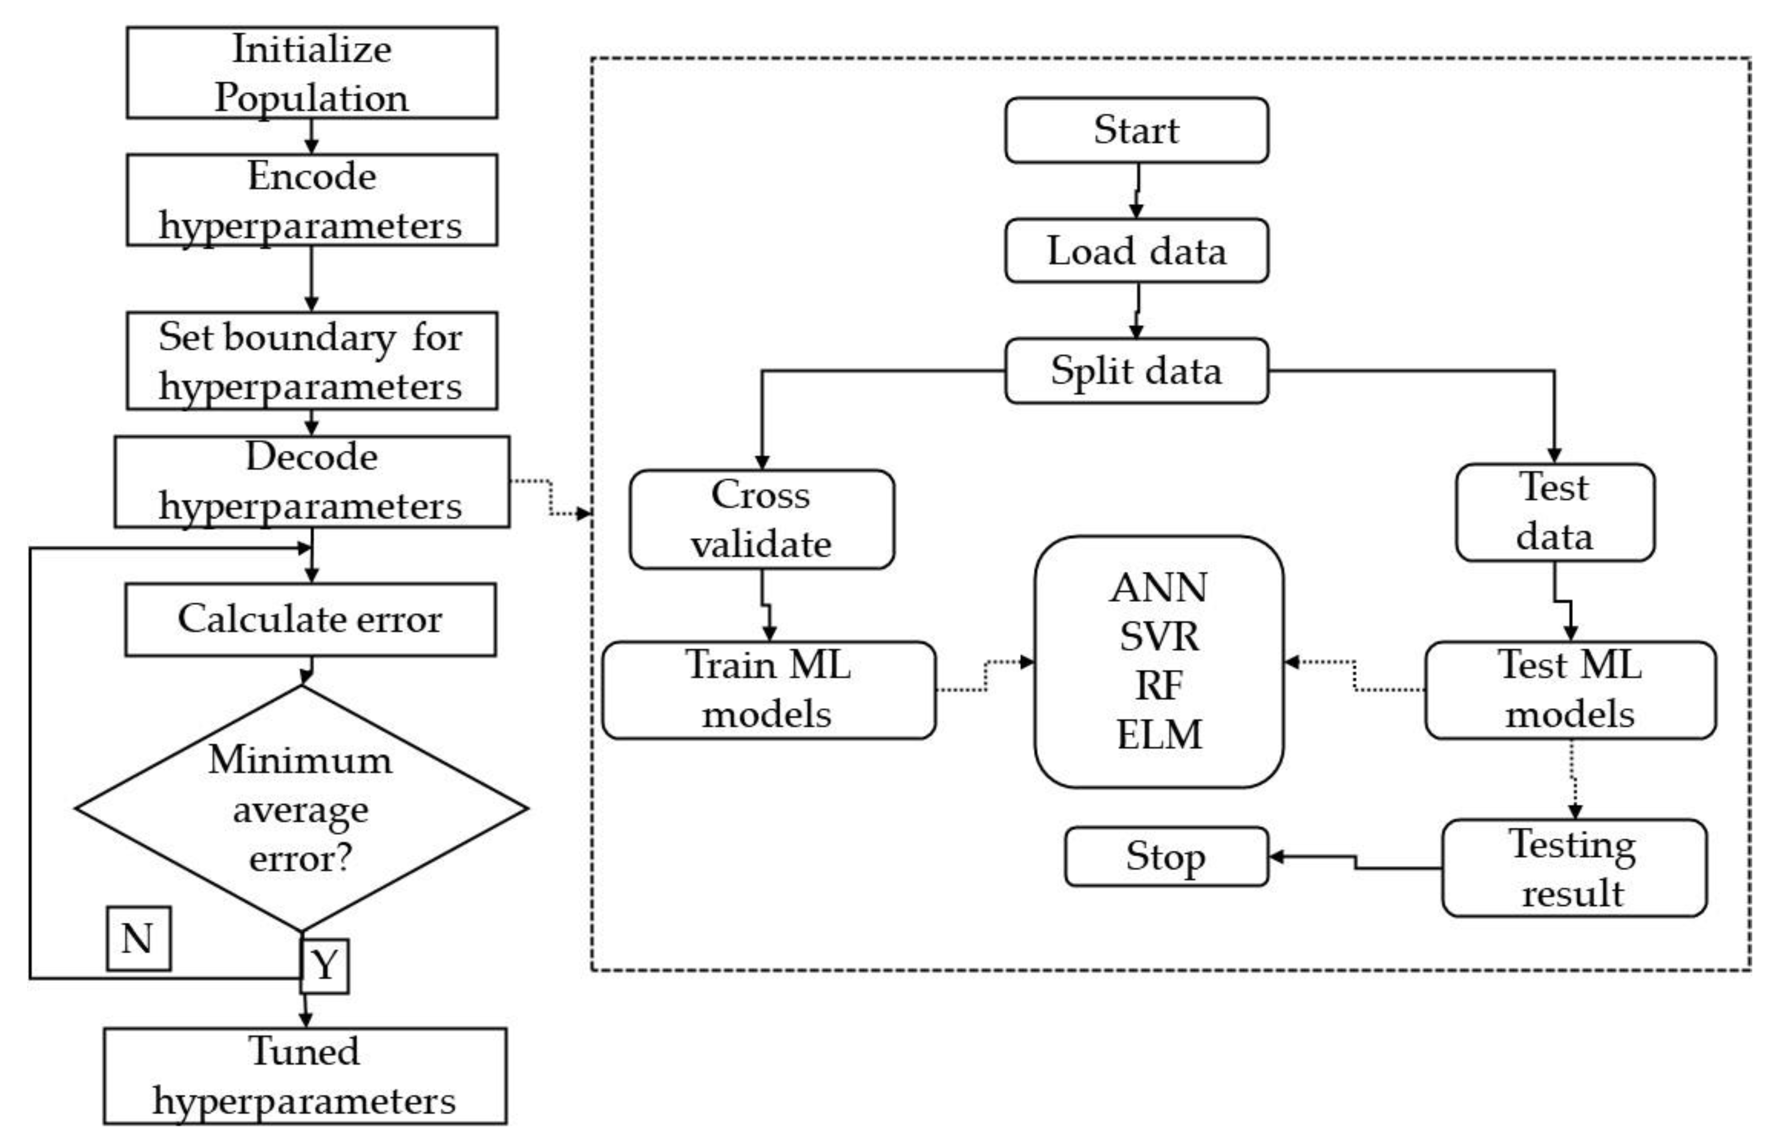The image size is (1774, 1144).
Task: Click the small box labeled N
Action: (138, 938)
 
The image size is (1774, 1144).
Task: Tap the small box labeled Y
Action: (324, 966)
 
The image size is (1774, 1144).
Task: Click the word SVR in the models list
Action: (1159, 637)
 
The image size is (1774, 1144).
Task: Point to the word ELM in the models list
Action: (1159, 735)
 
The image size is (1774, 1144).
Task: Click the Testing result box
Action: (1573, 868)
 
